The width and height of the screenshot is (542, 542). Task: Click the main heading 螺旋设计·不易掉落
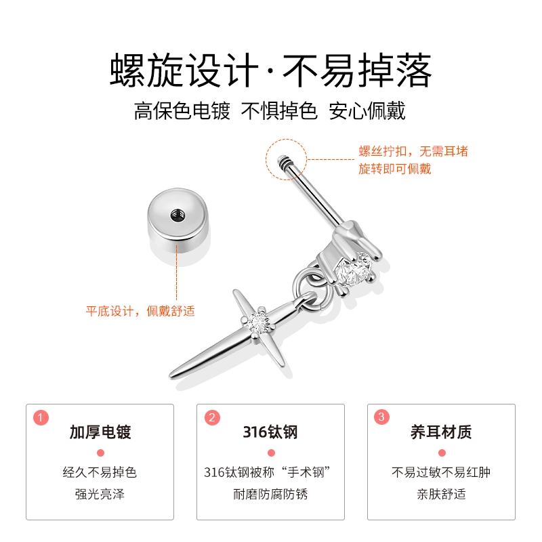point(271,70)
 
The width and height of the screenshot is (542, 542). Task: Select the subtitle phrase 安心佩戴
point(367,111)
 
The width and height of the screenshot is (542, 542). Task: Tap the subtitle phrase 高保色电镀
point(182,111)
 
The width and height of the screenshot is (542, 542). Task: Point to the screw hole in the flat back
point(178,215)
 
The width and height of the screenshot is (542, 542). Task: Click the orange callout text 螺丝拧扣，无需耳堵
point(413,151)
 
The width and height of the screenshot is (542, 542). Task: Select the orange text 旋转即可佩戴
point(395,169)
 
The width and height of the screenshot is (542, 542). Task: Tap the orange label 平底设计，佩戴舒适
point(140,311)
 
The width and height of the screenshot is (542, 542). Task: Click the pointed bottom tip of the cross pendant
point(171,376)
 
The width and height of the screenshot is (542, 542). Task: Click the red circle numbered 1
point(41,418)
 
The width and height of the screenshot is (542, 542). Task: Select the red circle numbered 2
point(212,418)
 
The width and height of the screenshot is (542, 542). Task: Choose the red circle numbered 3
point(381,417)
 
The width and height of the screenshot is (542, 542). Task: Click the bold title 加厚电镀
point(100,432)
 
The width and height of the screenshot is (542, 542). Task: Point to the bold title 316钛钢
point(270,432)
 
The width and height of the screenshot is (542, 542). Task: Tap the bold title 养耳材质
point(441,432)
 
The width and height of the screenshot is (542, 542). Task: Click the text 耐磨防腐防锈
point(270,494)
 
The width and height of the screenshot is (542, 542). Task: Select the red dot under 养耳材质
point(442,453)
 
